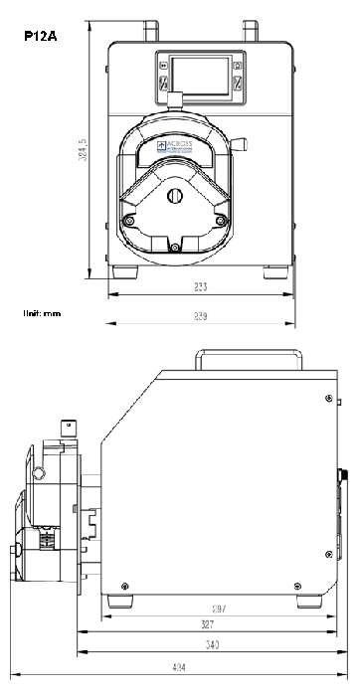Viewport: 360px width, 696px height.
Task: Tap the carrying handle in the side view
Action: pos(248,355)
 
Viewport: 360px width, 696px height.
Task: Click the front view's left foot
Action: pos(126,270)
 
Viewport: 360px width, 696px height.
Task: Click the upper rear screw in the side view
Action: pos(326,398)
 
